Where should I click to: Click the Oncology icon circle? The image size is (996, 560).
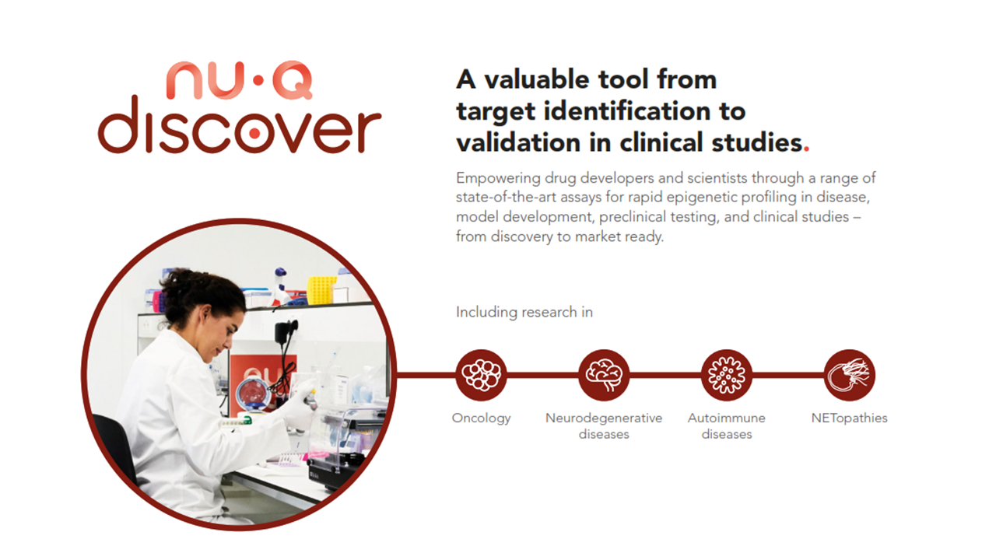click(481, 374)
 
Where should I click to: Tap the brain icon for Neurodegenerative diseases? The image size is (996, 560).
click(604, 374)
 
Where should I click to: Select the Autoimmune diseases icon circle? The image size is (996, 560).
click(727, 374)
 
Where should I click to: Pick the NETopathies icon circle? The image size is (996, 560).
click(850, 374)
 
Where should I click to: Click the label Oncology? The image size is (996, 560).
click(481, 418)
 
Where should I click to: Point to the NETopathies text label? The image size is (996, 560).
click(849, 418)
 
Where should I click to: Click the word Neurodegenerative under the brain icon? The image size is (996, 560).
click(604, 418)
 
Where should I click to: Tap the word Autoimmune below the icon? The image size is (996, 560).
click(726, 418)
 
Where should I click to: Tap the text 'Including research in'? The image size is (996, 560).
click(524, 312)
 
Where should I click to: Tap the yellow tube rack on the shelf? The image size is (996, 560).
click(321, 290)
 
